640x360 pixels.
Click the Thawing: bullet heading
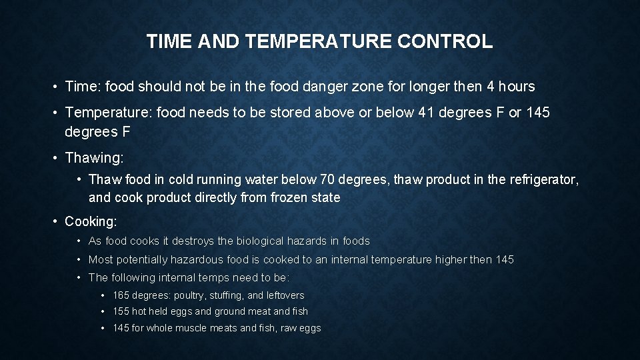point(94,158)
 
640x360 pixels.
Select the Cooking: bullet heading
point(91,221)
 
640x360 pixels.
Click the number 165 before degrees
point(121,295)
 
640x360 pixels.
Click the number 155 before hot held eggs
point(121,311)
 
